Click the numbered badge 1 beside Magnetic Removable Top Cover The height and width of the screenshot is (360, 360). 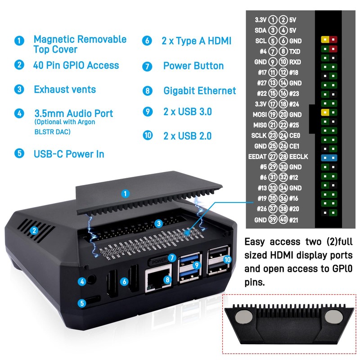click(19, 40)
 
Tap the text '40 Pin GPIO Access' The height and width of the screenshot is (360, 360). click(76, 65)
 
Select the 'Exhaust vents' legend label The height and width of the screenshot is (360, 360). click(65, 90)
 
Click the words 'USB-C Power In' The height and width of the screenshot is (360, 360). click(69, 154)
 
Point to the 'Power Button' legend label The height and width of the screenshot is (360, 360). click(193, 66)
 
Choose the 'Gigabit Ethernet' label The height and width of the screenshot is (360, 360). click(200, 91)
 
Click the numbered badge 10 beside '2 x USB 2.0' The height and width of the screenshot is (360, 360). click(148, 135)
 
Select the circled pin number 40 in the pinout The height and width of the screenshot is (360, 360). click(283, 220)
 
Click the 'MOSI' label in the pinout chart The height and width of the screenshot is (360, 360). click(260, 114)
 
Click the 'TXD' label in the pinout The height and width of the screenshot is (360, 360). click(295, 51)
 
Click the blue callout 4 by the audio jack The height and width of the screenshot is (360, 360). click(81, 282)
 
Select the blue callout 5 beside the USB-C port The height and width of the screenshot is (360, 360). click(81, 303)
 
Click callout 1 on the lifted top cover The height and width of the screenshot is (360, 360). click(126, 194)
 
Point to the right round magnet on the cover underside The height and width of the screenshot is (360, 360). click(333, 316)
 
